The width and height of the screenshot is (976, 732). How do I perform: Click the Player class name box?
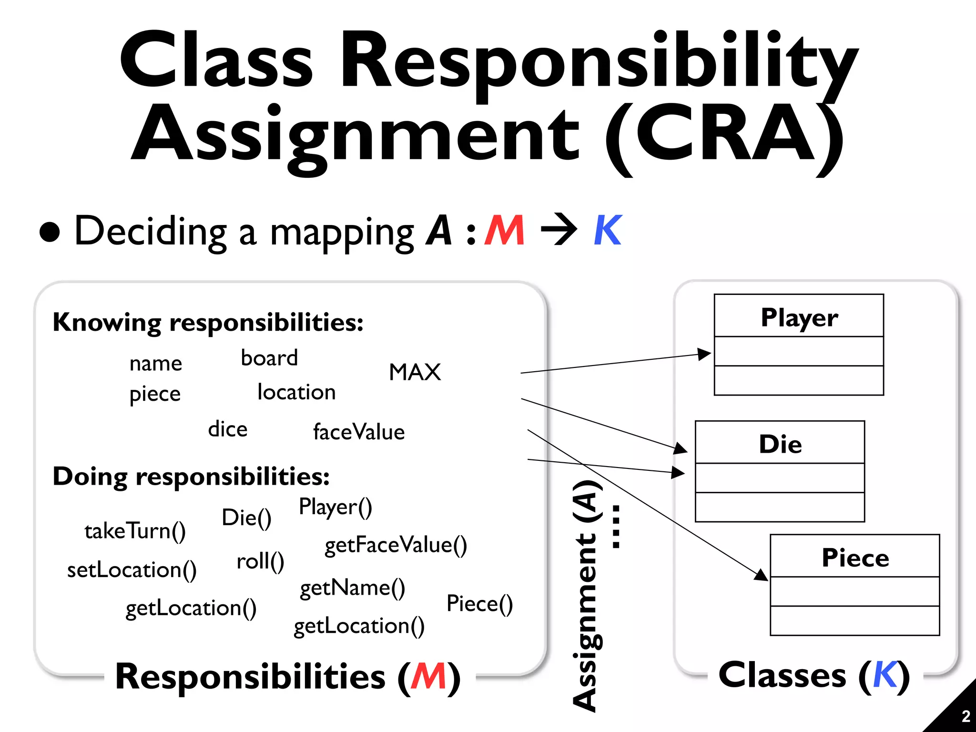(799, 316)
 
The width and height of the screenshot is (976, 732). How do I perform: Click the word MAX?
(415, 372)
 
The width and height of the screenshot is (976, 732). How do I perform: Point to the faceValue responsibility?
(359, 432)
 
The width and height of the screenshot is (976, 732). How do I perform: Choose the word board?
(269, 358)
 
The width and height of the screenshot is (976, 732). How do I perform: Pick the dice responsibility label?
(228, 429)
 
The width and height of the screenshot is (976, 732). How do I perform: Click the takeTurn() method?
(135, 531)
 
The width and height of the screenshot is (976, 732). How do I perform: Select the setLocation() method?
(132, 570)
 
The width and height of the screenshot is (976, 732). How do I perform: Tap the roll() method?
(260, 561)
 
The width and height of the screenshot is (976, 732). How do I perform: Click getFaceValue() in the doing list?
(396, 545)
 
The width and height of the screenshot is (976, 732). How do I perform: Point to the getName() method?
(352, 588)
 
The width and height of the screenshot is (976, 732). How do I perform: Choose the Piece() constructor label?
(479, 604)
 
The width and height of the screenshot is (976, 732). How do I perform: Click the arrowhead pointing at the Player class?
(704, 354)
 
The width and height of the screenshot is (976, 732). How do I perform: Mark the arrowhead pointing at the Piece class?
(761, 575)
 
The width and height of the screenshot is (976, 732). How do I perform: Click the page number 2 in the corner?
(966, 716)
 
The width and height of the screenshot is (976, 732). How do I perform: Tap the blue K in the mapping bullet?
(608, 230)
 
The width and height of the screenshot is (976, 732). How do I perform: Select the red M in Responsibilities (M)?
(428, 676)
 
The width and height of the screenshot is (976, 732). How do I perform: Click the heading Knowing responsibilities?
(208, 322)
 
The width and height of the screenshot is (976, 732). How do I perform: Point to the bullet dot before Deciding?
(50, 232)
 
